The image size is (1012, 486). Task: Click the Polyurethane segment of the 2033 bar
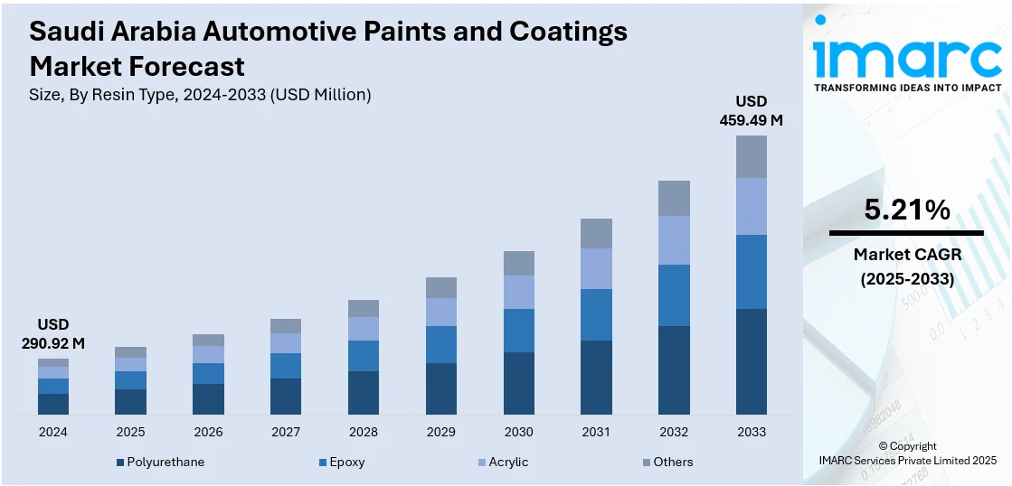751,361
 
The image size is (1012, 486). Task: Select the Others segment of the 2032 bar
674,198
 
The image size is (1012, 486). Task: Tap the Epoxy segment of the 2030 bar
518,331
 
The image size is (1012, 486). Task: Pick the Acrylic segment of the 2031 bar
596,268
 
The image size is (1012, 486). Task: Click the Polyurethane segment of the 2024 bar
53,404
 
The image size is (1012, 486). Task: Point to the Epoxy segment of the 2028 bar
364,356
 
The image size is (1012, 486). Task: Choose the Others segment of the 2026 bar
208,340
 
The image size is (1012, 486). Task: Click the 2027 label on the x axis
286,432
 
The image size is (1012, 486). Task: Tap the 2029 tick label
440,432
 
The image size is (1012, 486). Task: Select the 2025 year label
130,432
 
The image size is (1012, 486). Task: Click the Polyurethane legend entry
165,462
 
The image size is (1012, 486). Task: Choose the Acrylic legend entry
508,462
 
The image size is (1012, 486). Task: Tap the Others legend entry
673,462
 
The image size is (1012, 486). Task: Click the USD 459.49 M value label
751,109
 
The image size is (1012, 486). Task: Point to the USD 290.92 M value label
53,333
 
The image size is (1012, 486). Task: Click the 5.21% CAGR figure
907,210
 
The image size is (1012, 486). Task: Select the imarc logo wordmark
907,56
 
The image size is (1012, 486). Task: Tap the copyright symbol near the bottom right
883,446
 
